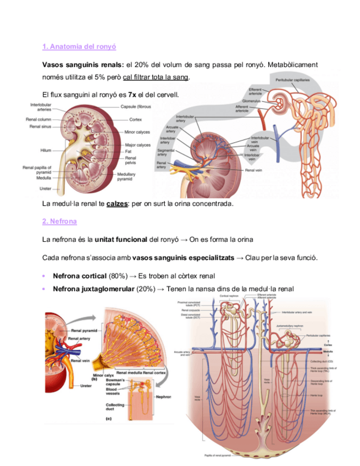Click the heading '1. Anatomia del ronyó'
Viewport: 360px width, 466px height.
[x=79, y=47]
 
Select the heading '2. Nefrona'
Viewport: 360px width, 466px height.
[x=59, y=221]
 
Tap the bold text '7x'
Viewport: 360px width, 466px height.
[x=131, y=95]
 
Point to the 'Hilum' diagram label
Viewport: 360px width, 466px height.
[x=46, y=150]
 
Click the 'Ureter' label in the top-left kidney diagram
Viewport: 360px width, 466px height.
[x=45, y=188]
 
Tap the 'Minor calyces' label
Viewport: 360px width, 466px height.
[x=137, y=132]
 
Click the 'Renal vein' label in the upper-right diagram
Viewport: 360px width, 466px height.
[x=253, y=170]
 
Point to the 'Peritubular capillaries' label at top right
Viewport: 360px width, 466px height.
[x=292, y=80]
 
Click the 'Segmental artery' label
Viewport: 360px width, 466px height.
[x=165, y=152]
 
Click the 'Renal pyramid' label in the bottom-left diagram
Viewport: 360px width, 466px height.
[x=84, y=331]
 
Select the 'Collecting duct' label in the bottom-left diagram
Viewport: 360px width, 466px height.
[x=115, y=408]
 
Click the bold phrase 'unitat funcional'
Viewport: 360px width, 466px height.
[x=120, y=240]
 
